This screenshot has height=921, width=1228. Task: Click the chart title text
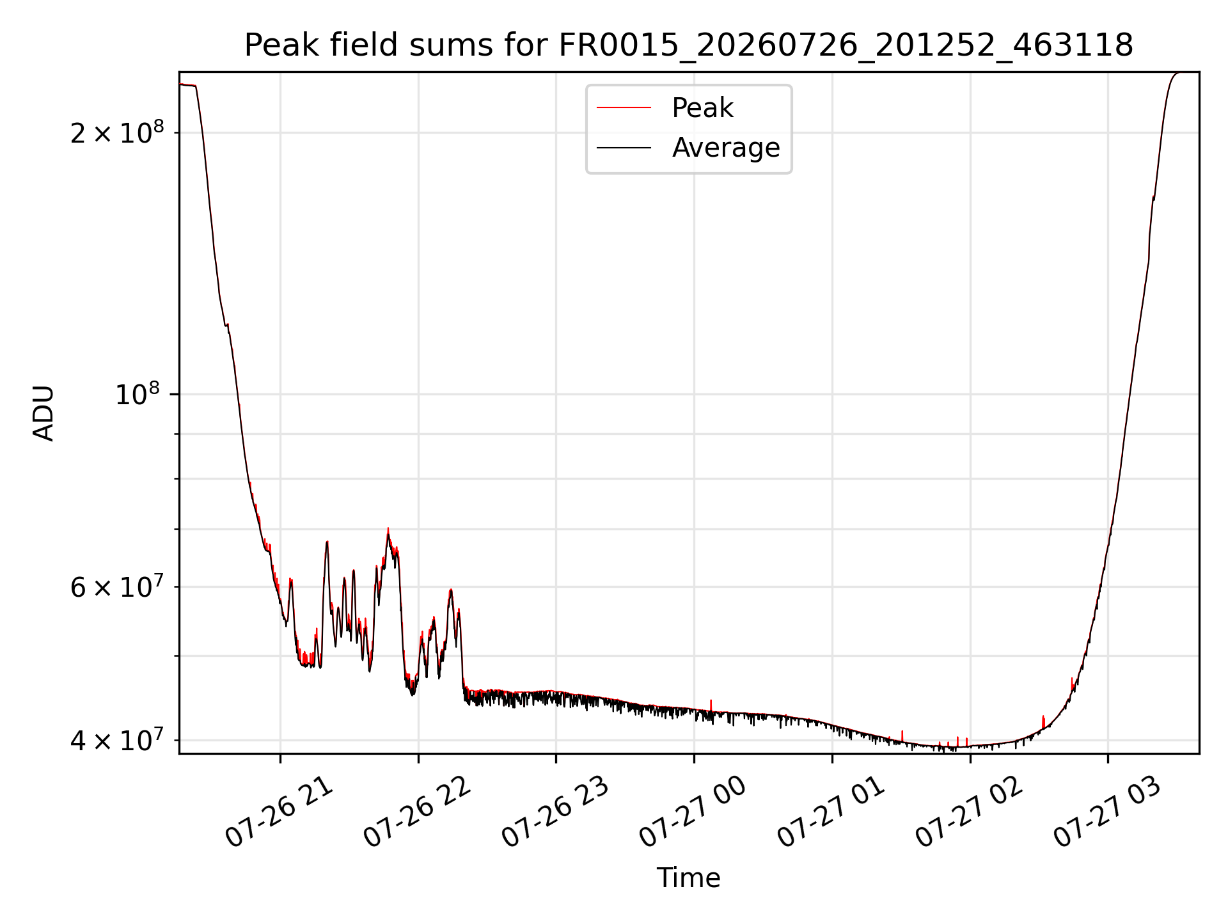tap(689, 45)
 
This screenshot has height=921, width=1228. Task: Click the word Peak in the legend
tap(702, 108)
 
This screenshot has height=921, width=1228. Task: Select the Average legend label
tap(726, 148)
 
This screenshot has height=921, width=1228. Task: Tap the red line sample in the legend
tap(624, 108)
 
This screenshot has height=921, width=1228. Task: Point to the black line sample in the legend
tap(624, 148)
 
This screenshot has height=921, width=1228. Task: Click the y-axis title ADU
tap(43, 413)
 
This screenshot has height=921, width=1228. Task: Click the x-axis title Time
tap(689, 878)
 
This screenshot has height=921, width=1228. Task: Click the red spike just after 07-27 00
tap(711, 705)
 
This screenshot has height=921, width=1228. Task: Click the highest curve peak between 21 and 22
tap(388, 529)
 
